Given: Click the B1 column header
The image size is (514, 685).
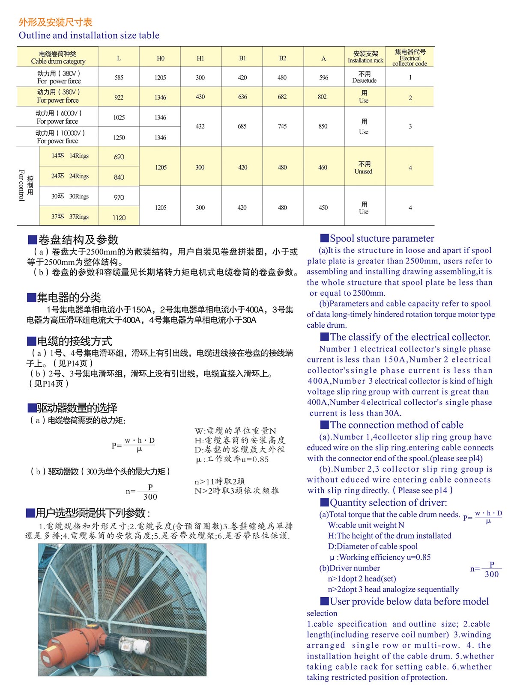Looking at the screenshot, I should [x=242, y=58].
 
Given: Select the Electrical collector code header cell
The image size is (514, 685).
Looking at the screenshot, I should [x=410, y=58].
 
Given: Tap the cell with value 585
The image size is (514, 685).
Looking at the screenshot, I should [x=119, y=77].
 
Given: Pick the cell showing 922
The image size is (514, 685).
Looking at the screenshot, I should [x=119, y=97].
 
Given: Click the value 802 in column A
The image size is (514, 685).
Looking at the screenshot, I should [x=323, y=97].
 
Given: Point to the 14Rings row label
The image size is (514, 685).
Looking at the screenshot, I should [x=70, y=156].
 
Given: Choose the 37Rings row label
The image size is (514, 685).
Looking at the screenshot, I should [x=70, y=216].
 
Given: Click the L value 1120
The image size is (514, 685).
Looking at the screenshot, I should [x=119, y=218].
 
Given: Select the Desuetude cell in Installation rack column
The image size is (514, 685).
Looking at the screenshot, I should [x=365, y=77].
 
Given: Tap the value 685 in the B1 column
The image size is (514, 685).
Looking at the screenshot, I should [x=242, y=126].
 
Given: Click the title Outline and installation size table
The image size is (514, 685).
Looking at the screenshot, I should [x=89, y=35].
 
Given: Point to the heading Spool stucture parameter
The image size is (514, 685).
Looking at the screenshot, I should [x=382, y=238].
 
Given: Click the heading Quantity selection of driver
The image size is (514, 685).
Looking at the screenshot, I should [x=388, y=502].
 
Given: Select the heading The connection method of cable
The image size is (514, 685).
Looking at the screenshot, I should [x=396, y=425].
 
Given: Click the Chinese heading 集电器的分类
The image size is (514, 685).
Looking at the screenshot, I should [x=69, y=297].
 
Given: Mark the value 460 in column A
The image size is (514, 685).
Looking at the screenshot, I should [x=323, y=167].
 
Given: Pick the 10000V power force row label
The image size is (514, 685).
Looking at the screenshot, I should [x=58, y=137].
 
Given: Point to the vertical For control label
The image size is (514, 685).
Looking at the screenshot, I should [x=22, y=185].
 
